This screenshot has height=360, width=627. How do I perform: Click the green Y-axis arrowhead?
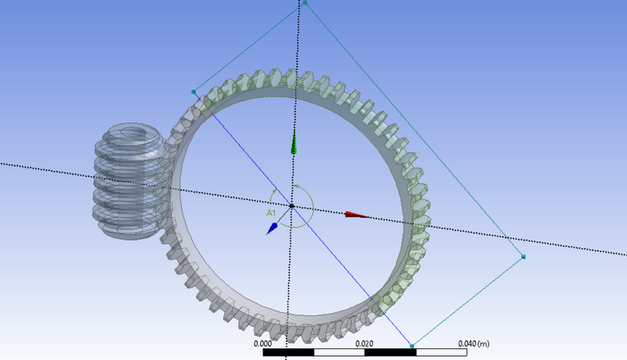pyautogui.click(x=294, y=144)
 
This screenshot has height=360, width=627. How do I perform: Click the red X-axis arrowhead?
pyautogui.click(x=357, y=214)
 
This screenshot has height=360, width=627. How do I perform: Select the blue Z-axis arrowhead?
pyautogui.click(x=272, y=227)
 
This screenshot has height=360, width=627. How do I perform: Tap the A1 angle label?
pyautogui.click(x=270, y=213)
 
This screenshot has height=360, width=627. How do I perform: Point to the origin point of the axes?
pyautogui.click(x=292, y=206)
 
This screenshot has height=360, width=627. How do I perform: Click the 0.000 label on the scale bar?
pyautogui.click(x=263, y=344)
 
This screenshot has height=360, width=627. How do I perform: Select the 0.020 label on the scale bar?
pyautogui.click(x=364, y=344)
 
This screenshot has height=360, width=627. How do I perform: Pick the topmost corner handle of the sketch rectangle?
pyautogui.click(x=305, y=3)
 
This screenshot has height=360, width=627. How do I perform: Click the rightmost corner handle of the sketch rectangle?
pyautogui.click(x=524, y=256)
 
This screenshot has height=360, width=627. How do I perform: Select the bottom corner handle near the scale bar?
pyautogui.click(x=411, y=345)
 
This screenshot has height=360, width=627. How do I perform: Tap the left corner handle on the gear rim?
pyautogui.click(x=193, y=92)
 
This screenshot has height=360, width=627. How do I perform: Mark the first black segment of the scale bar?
pyautogui.click(x=288, y=354)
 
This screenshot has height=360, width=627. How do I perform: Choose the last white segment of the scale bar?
pyautogui.click(x=442, y=354)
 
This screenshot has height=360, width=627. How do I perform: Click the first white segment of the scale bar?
pyautogui.click(x=339, y=354)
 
